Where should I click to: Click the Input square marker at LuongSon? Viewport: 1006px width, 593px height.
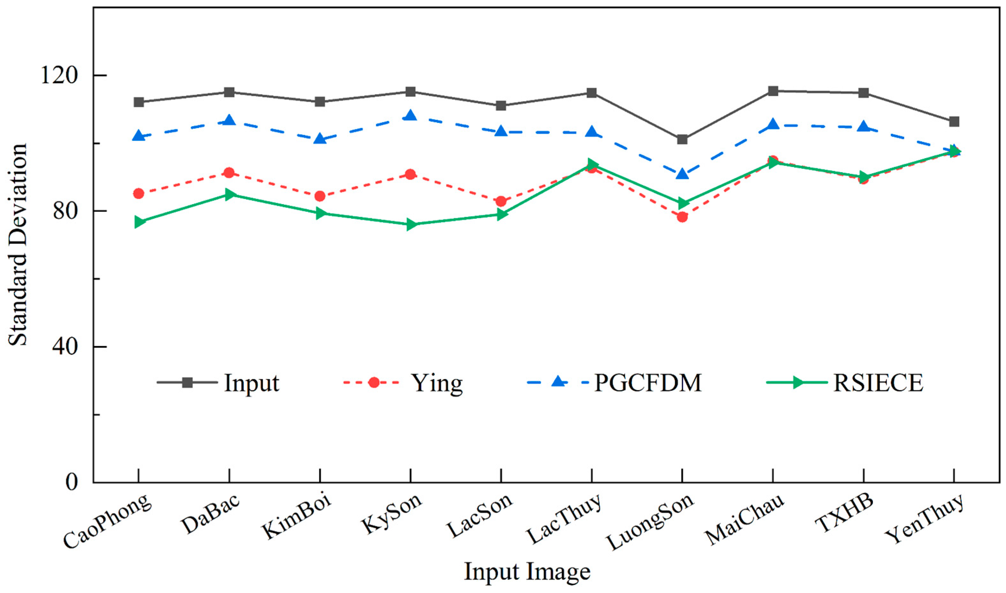(682, 139)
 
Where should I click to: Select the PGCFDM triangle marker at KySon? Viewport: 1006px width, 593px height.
(411, 116)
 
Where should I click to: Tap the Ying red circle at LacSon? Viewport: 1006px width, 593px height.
(501, 201)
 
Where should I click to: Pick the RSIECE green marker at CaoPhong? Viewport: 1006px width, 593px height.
(139, 222)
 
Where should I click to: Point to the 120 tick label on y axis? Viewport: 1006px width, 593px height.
(58, 75)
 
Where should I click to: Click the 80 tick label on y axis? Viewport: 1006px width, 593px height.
(65, 211)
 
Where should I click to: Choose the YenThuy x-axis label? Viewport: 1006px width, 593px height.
(924, 520)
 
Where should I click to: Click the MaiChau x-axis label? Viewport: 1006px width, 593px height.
(744, 520)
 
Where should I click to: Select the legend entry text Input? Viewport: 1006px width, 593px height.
(251, 383)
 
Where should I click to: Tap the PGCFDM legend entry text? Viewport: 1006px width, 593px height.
(648, 383)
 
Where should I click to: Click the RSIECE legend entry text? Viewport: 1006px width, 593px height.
(878, 383)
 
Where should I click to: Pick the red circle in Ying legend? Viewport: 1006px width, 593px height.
(374, 382)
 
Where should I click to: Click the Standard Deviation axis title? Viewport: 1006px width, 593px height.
(18, 244)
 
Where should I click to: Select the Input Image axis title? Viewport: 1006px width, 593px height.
(527, 572)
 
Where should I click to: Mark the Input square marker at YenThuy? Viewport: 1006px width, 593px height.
(954, 122)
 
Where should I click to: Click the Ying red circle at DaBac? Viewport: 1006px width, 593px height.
(229, 173)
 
